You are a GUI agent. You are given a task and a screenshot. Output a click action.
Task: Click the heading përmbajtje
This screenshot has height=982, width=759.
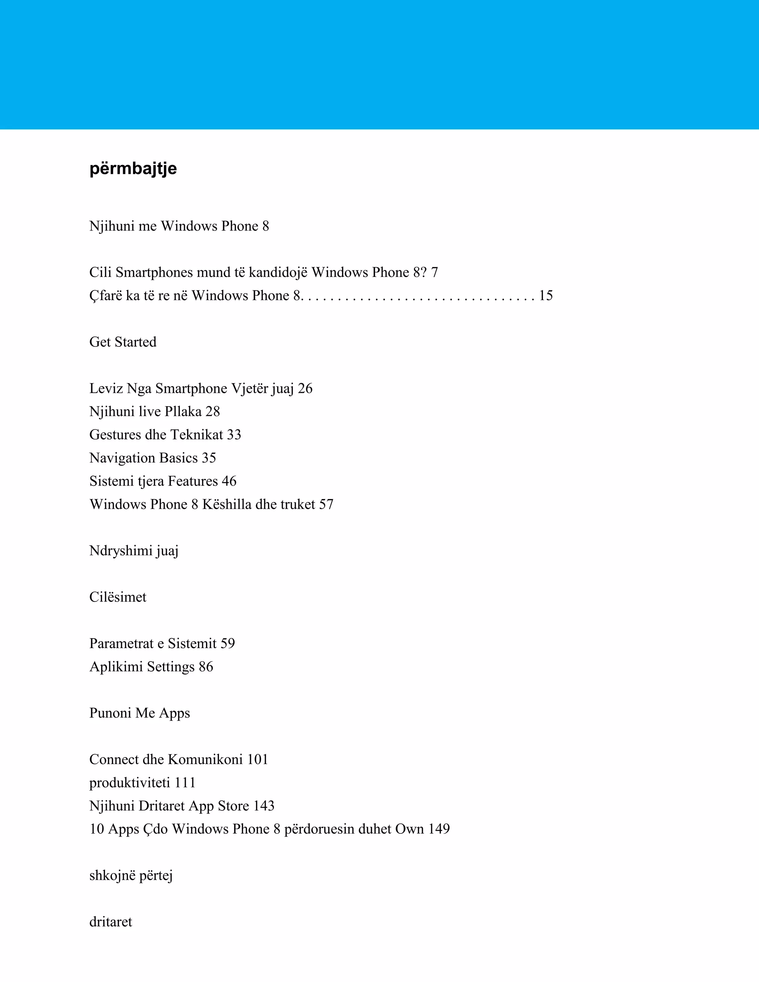point(133,169)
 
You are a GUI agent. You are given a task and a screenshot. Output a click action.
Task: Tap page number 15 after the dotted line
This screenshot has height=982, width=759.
point(546,296)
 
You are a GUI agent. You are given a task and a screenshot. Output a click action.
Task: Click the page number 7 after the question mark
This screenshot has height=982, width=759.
point(434,272)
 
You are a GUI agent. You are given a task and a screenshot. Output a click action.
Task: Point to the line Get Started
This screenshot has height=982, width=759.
point(123,342)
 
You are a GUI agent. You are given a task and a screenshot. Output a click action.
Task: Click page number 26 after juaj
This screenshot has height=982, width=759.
point(305,388)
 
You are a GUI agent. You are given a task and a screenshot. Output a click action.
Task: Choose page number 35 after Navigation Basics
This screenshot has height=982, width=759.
point(209,458)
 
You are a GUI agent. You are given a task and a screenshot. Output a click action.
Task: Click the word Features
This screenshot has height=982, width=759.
point(192,482)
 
